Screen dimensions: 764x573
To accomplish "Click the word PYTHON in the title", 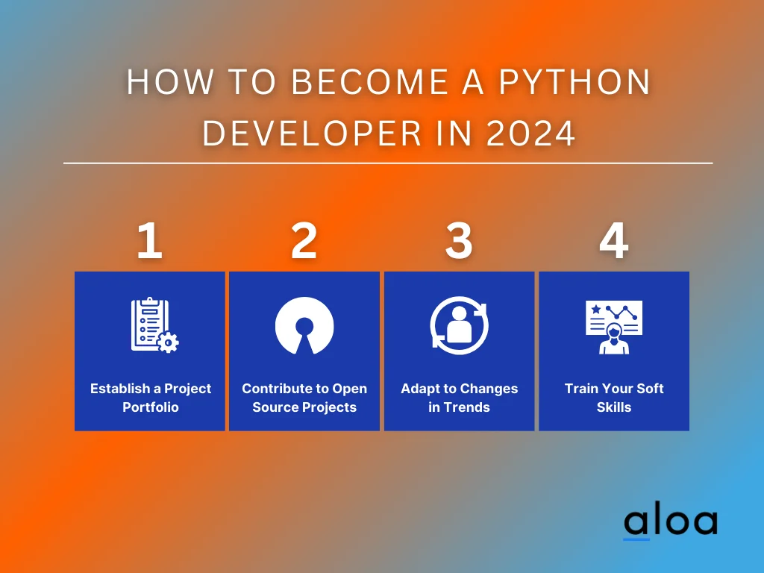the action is pos(575,81).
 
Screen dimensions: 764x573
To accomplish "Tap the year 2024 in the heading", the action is pos(531,133).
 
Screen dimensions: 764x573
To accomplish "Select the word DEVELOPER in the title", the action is pos(312,133).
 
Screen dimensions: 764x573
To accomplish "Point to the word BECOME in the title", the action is pos(370,81).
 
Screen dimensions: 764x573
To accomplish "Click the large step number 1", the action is pos(149,240).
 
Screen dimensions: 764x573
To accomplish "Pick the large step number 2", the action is pos(304,240).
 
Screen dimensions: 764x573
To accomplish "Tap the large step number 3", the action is pos(459,240).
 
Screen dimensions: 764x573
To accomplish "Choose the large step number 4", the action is pos(614,240).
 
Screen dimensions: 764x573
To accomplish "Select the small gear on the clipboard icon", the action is pos(168,342).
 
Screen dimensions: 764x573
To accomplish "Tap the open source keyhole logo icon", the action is pos(304,325).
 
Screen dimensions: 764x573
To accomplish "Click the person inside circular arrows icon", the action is pos(459,325).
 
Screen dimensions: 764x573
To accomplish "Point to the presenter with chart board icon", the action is pos(614,327).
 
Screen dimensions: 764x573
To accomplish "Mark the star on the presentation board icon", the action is pos(596,309).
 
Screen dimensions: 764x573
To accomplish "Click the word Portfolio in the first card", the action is pos(151,407).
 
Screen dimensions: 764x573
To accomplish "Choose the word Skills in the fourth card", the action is pos(614,407).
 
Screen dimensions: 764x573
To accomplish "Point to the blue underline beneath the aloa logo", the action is pos(636,539).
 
